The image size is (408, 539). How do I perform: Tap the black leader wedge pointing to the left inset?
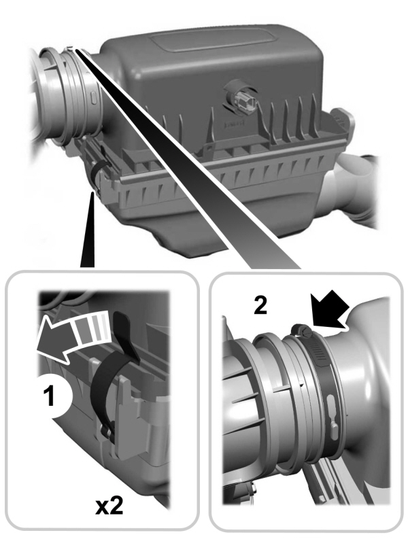pos(88,238)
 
